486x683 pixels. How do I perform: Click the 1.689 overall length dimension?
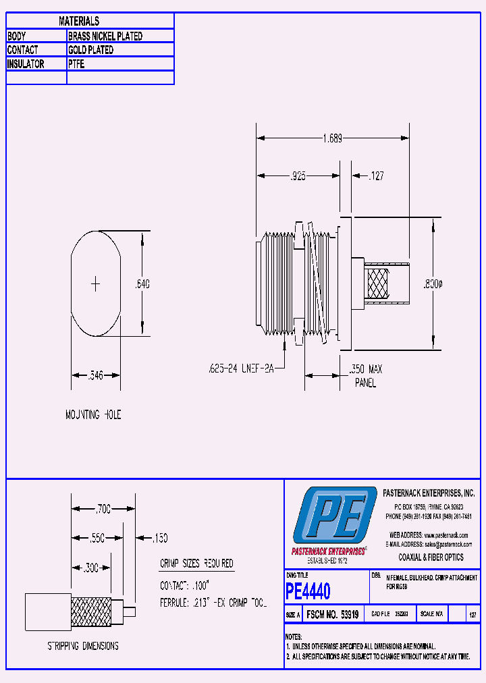(332, 138)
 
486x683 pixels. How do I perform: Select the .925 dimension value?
(298, 176)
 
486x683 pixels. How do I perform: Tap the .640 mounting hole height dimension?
(142, 284)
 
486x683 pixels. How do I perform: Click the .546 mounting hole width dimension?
(96, 376)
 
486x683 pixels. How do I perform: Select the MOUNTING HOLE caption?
(93, 414)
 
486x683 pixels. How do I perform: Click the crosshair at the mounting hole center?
(96, 284)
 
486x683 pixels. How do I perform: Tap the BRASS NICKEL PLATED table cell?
(105, 36)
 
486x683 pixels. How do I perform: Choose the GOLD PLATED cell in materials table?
(90, 50)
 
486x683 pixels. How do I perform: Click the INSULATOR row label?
(26, 64)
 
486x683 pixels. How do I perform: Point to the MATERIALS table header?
(79, 22)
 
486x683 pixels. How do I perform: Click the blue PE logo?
(335, 517)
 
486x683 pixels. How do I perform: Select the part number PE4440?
(308, 592)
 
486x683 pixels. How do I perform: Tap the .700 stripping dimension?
(103, 508)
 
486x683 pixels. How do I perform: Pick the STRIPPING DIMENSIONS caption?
(83, 646)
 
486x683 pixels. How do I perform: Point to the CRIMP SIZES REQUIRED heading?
(196, 564)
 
